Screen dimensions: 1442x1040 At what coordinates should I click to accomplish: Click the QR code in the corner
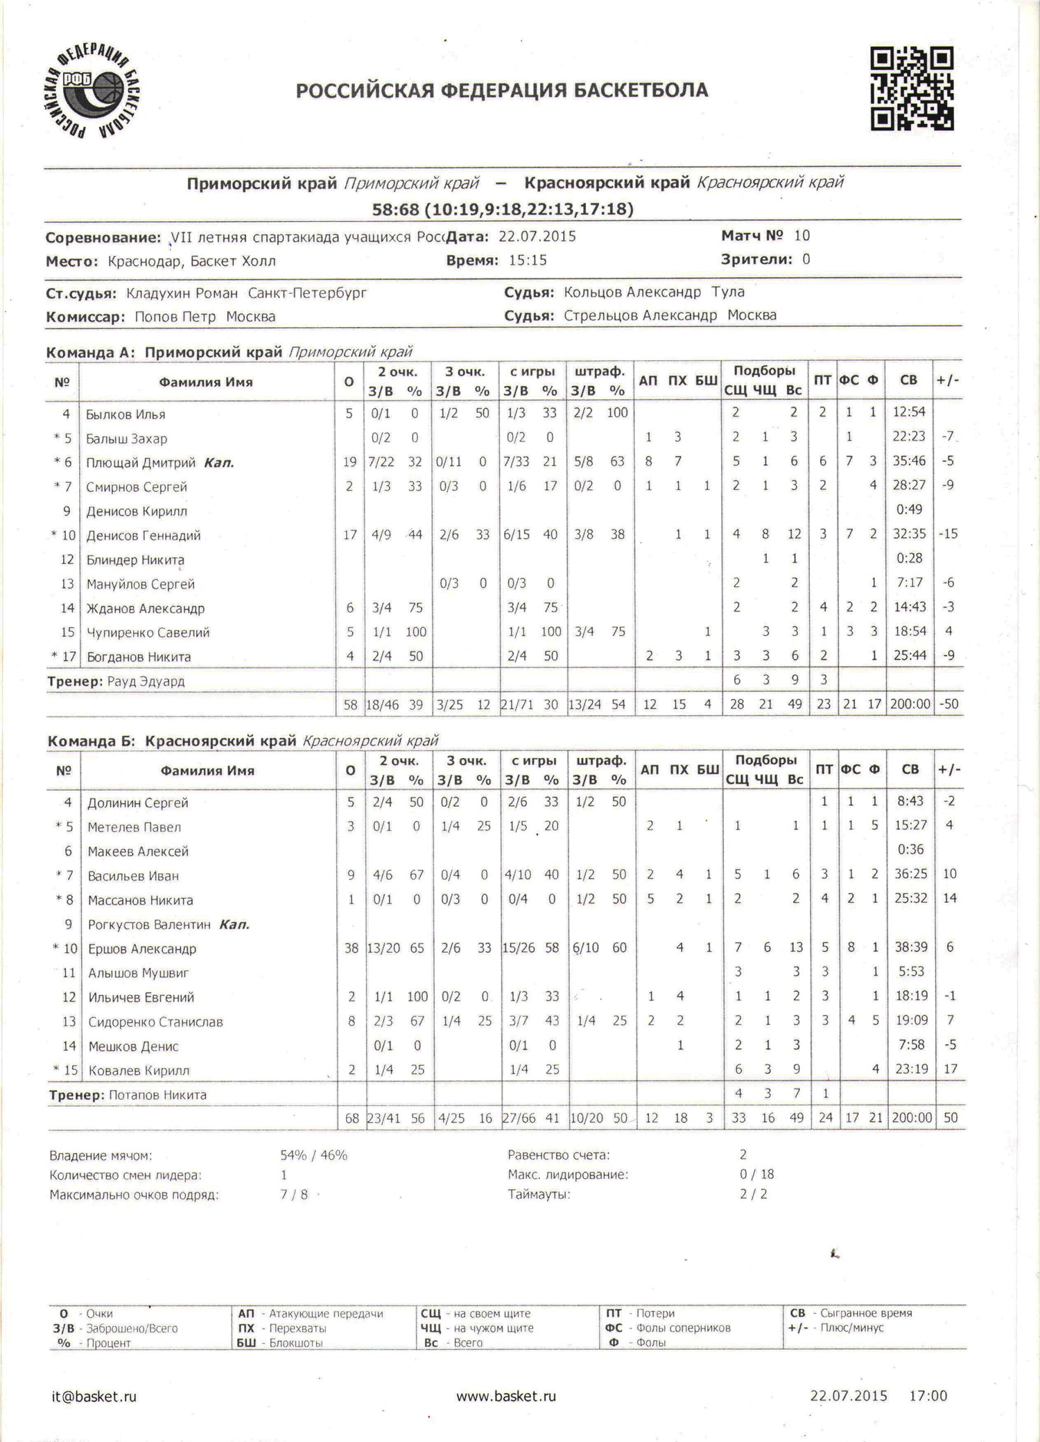[x=912, y=88]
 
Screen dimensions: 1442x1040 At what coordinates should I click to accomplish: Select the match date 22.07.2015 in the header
[x=537, y=236]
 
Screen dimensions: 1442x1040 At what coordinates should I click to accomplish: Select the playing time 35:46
[x=909, y=461]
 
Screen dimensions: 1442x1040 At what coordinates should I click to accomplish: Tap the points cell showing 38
[x=351, y=947]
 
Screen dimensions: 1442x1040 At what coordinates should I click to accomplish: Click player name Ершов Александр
[x=142, y=949]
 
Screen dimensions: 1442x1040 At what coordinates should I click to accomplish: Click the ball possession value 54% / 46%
[x=313, y=1155]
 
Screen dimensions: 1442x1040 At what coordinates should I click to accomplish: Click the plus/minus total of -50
[x=948, y=704]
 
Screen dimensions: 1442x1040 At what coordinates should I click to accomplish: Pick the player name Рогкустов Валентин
[x=149, y=924]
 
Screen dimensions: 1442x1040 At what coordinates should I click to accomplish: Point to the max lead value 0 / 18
[x=756, y=1175]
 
